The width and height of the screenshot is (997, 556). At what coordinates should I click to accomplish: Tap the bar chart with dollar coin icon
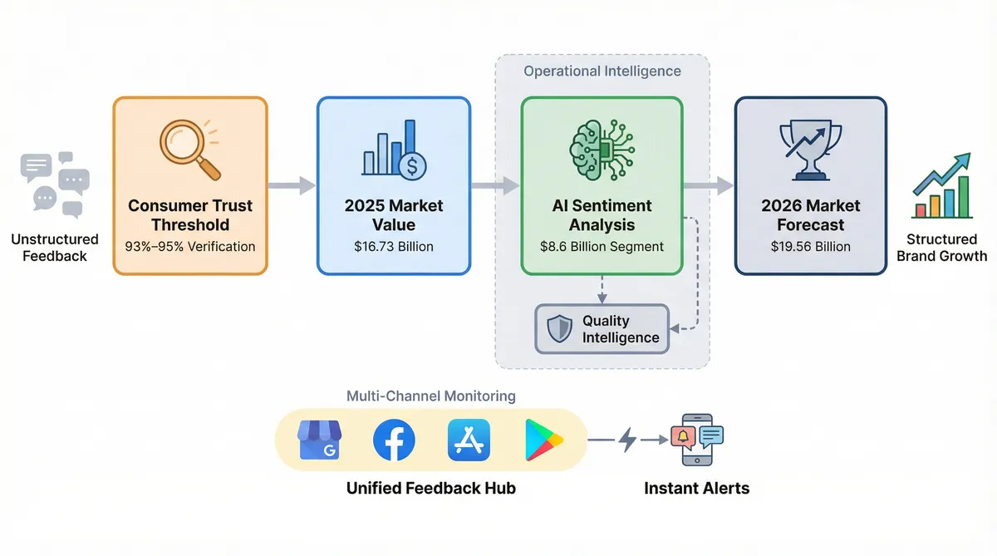click(x=394, y=150)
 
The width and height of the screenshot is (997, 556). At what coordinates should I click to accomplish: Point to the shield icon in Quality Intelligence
click(x=560, y=329)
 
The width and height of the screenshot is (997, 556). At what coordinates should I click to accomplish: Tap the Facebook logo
click(x=394, y=440)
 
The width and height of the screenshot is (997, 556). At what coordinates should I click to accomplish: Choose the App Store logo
click(x=468, y=440)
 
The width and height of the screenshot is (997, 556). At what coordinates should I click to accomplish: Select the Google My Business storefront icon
click(x=320, y=440)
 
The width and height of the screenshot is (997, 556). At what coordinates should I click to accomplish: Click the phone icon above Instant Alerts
click(x=697, y=440)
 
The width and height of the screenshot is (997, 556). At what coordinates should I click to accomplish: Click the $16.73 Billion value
click(x=394, y=247)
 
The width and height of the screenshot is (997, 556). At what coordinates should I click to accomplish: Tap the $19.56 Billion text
click(x=811, y=247)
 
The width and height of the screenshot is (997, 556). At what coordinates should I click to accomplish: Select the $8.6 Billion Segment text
click(x=602, y=247)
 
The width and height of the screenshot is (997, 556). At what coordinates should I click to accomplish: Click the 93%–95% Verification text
click(x=190, y=247)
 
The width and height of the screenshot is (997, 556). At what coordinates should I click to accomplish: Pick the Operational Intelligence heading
click(x=602, y=71)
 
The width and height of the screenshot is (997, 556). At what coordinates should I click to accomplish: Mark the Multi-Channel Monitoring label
click(x=430, y=396)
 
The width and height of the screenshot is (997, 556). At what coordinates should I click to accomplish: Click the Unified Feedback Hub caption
click(x=430, y=488)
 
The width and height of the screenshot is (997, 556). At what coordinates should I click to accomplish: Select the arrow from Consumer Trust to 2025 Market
click(x=292, y=185)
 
